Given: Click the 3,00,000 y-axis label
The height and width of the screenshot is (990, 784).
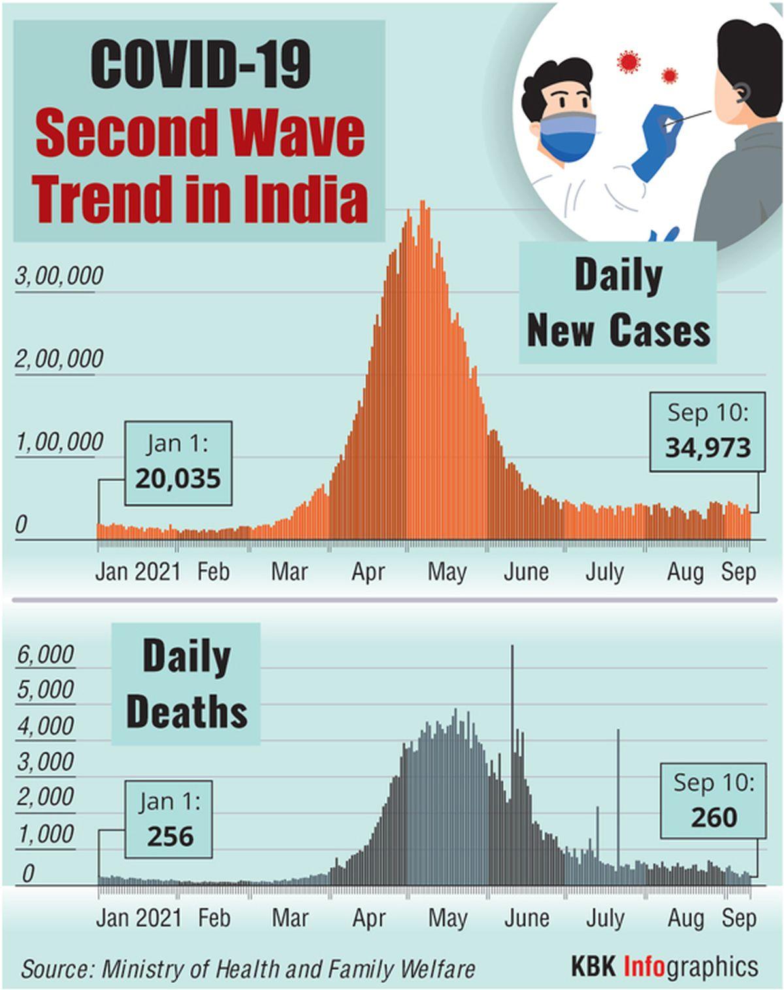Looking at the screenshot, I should point(59,276).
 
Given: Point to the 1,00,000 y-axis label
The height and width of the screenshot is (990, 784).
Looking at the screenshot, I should point(59,442).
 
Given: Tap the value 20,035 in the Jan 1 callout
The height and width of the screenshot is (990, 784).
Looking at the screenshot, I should point(178,479).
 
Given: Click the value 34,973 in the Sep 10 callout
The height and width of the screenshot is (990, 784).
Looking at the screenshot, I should point(708,448).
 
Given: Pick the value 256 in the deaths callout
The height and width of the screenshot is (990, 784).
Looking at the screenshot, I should point(170,837).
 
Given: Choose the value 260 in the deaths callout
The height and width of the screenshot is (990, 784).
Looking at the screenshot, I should point(713,818).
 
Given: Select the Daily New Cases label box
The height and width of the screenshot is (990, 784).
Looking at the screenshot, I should point(617,303).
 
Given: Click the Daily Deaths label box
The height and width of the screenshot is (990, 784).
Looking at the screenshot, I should point(186,684).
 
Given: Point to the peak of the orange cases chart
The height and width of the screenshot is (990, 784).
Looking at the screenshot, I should point(423,204).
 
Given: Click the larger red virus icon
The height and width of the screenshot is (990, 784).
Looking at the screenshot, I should point(629,61).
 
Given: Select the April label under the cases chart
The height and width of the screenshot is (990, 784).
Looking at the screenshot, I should point(368,572).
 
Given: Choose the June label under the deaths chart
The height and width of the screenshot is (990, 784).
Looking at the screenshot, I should point(526,918).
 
